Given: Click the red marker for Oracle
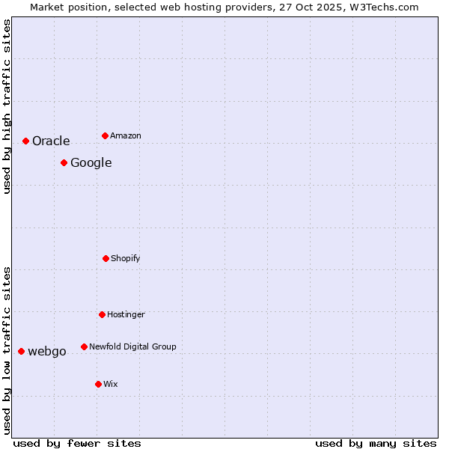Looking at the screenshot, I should tap(25, 141).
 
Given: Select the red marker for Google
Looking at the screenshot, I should tap(64, 162).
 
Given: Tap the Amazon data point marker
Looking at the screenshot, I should tap(105, 135).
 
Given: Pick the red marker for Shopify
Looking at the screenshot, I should tap(106, 258).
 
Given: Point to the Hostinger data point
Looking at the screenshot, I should tap(102, 314).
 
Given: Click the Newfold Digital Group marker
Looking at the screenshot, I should tap(84, 346).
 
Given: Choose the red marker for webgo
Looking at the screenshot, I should tap(21, 351).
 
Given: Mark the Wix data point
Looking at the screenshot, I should tap(98, 384).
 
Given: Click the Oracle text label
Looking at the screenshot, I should tap(51, 141).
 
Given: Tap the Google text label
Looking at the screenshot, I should tap(91, 162).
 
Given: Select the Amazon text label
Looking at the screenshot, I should tap(126, 135).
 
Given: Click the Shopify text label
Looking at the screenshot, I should tap(126, 258).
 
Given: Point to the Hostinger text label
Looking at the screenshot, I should tap(126, 314).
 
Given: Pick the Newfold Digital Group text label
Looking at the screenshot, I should tap(132, 346).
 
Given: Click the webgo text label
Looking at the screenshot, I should tap(47, 351).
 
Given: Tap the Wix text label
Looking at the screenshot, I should tap(111, 384).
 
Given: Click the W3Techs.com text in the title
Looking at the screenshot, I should tap(386, 7).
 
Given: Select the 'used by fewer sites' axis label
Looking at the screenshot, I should tap(77, 443).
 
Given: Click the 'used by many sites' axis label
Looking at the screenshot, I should tap(376, 443).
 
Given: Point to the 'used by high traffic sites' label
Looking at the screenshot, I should tap(7, 106).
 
